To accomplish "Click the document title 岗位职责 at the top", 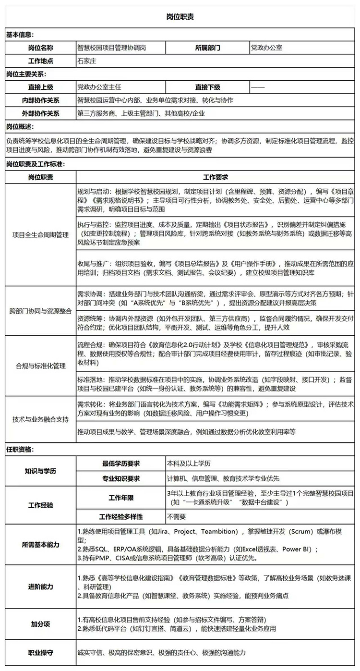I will click(180, 17).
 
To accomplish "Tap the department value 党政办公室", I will click(266, 48).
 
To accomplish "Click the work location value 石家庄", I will click(87, 61).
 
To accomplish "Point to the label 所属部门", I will click(208, 48).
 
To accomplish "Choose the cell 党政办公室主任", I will click(99, 87).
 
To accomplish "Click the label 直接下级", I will click(208, 87).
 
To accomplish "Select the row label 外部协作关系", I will click(41, 113).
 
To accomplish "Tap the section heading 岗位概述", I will click(20, 126).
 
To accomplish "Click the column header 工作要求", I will click(216, 177).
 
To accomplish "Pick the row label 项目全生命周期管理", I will click(41, 235).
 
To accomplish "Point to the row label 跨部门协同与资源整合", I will click(41, 311).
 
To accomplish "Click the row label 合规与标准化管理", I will click(41, 366).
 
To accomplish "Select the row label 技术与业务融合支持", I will click(41, 418).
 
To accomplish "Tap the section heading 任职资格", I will click(20, 450).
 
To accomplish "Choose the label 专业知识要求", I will click(121, 478).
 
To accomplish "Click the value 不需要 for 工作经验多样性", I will click(176, 517).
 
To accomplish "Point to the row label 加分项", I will click(41, 624).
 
